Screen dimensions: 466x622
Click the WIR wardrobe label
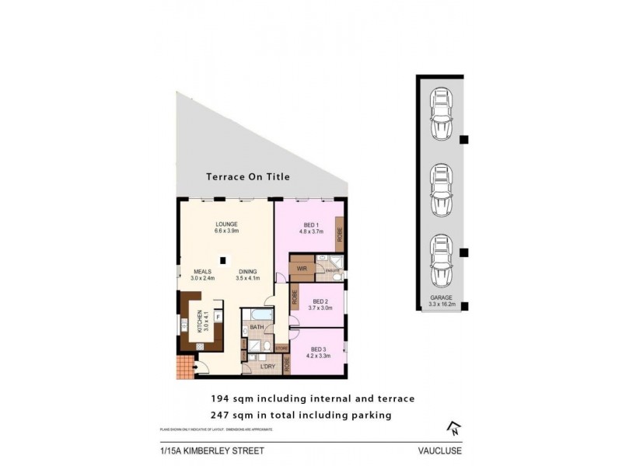pos(301,268)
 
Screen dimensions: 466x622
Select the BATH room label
pos(256,328)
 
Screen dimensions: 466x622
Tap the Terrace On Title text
pos(247,177)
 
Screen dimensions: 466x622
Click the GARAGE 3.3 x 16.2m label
pos(442,301)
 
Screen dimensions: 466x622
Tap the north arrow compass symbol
pos(452,426)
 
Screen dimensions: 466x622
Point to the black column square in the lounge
pos(223,261)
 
